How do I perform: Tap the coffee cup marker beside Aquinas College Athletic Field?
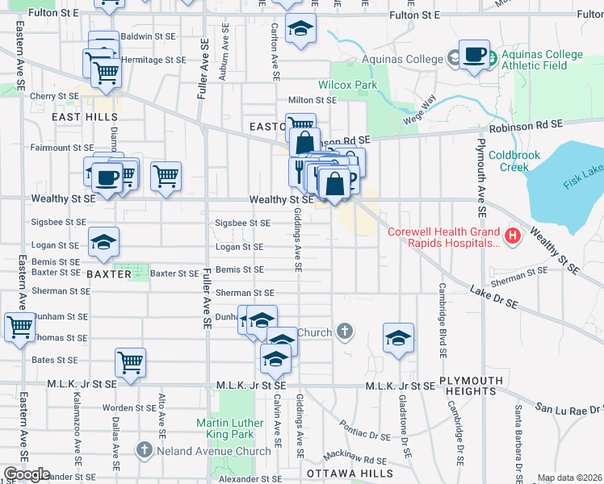point(474,56)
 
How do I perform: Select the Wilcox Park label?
point(348,85)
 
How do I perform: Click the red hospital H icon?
point(511,236)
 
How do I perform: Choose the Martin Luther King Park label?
point(230,429)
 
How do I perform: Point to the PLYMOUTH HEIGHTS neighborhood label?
point(468,386)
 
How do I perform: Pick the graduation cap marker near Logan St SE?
point(103,244)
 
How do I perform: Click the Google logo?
point(27,474)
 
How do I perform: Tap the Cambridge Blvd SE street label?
point(443,320)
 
